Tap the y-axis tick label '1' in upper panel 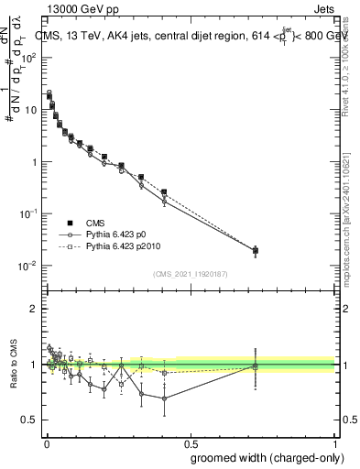tap(34, 162)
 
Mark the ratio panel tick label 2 tap(34, 309)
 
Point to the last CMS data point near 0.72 tap(256, 250)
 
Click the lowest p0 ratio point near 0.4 tap(164, 398)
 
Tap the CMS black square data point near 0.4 tap(164, 192)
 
